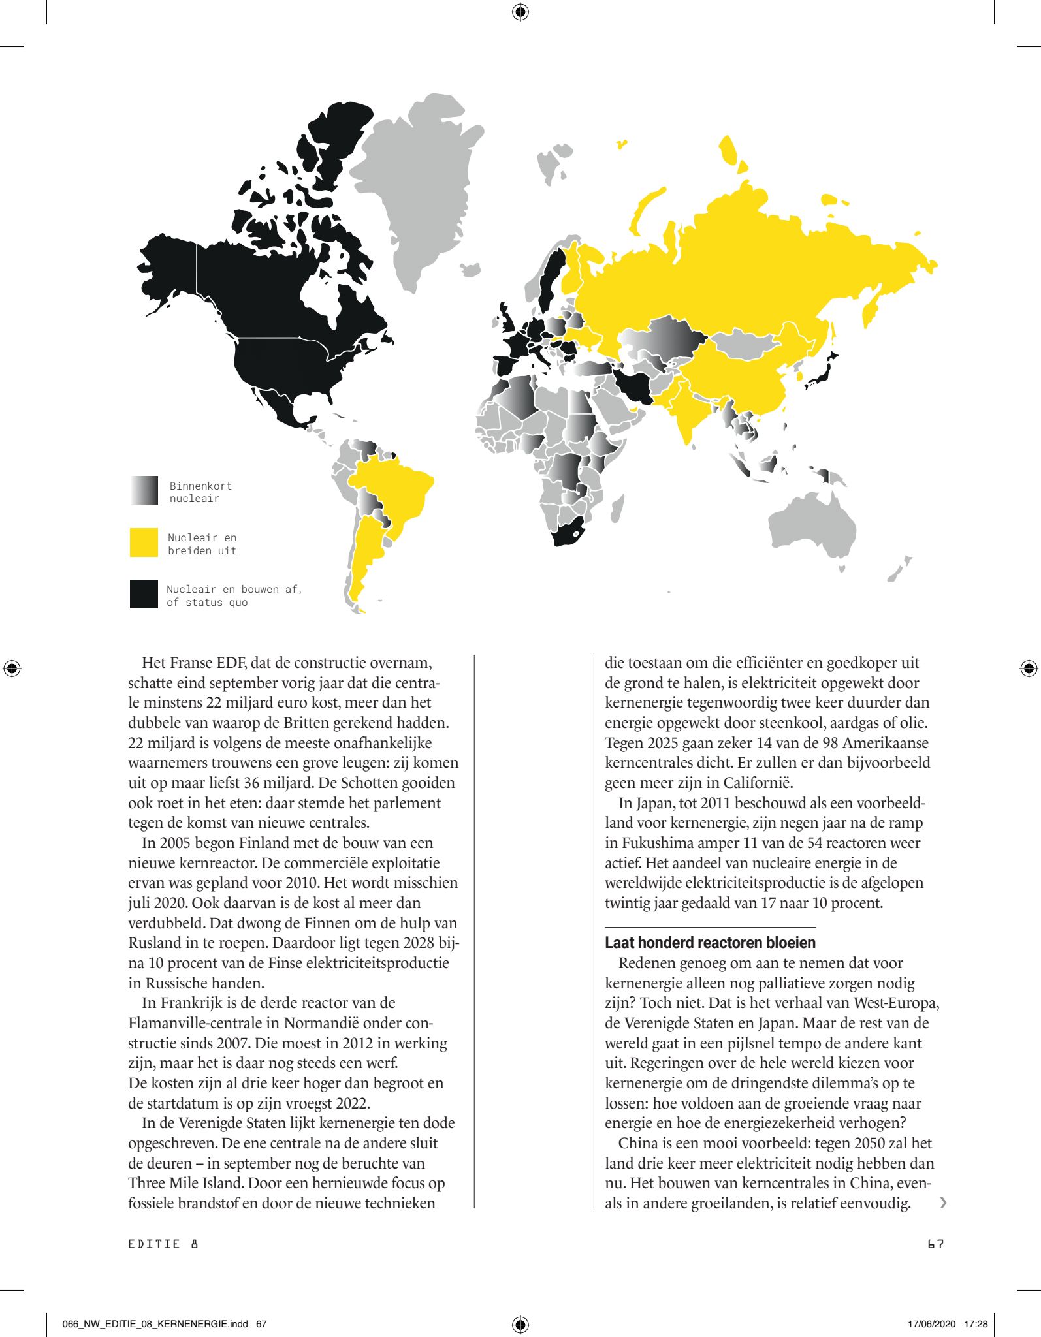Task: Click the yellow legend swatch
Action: tap(144, 543)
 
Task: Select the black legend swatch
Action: tap(144, 594)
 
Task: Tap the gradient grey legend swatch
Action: tap(144, 490)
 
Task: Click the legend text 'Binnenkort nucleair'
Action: tap(200, 492)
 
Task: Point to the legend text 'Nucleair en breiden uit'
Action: tap(202, 544)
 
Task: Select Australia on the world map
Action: tap(813, 526)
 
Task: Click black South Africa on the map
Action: tap(566, 532)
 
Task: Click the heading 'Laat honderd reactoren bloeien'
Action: tap(710, 943)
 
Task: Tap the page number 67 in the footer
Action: tap(935, 1244)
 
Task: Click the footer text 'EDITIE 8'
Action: tap(163, 1244)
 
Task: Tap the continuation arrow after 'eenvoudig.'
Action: tap(942, 1203)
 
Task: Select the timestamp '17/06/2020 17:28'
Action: tap(947, 1324)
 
